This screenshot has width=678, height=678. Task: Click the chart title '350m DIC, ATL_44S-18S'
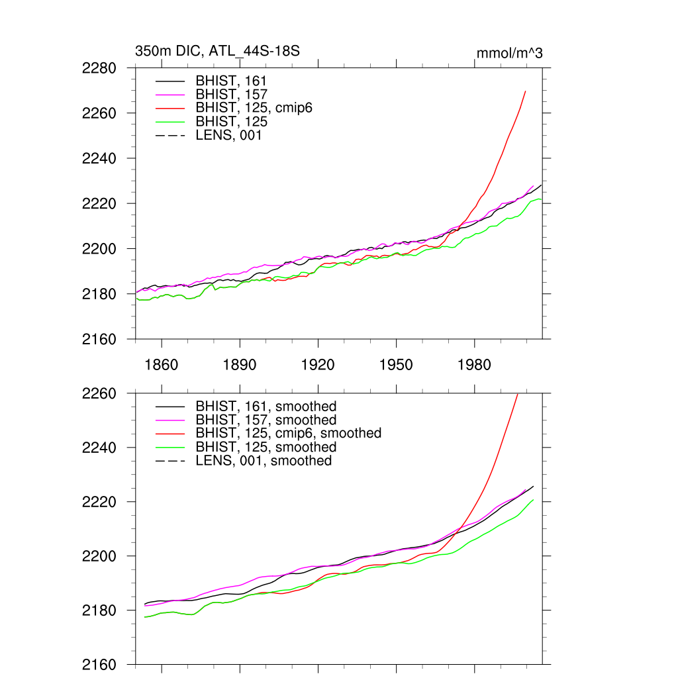[x=217, y=51]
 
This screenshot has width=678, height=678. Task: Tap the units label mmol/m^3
[x=509, y=53]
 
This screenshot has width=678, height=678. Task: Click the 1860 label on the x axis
[x=162, y=365]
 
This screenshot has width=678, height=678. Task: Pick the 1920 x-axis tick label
[x=318, y=365]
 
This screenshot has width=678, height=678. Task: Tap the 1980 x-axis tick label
[x=474, y=365]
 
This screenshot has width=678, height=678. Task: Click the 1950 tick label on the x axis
[x=396, y=365]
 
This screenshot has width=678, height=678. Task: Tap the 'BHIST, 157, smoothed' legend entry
[x=266, y=420]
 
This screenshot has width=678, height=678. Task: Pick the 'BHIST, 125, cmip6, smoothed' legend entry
[x=289, y=433]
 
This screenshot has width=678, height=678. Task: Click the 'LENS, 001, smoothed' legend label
[x=264, y=460]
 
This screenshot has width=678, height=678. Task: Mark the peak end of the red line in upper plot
[x=525, y=91]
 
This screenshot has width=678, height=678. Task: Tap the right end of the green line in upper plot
[x=541, y=199]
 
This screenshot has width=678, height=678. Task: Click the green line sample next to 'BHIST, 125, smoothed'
[x=169, y=447]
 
